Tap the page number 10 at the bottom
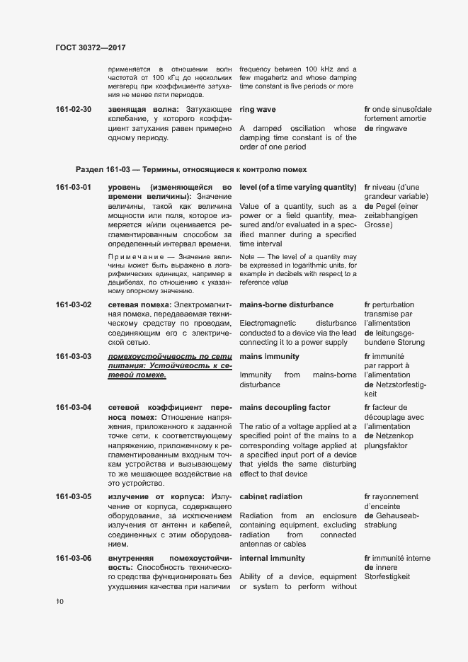pyautogui.click(x=60, y=602)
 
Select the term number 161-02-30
pyautogui.click(x=73, y=110)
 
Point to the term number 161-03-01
pyautogui.click(x=73, y=187)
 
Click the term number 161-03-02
pyautogui.click(x=73, y=304)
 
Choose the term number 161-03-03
pyautogui.click(x=73, y=356)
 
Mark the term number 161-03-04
pyautogui.click(x=73, y=408)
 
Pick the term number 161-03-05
pyautogui.click(x=73, y=496)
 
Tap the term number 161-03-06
pyautogui.click(x=73, y=559)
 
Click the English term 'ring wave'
pyautogui.click(x=258, y=110)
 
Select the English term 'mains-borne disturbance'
pyautogui.click(x=286, y=304)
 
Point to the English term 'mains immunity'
pyautogui.click(x=269, y=356)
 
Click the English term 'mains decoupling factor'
pyautogui.click(x=285, y=408)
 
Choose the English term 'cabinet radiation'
pyautogui.click(x=270, y=496)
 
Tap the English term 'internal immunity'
pyautogui.click(x=271, y=559)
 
